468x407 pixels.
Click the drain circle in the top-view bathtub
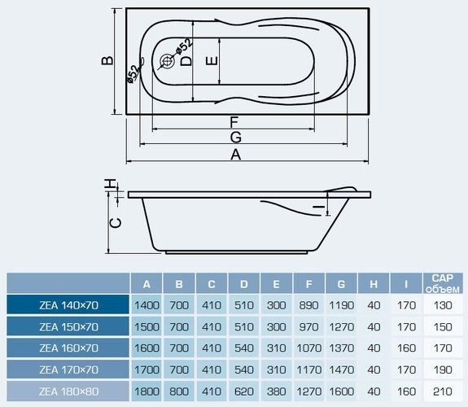click(x=167, y=61)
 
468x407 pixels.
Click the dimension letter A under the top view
click(x=235, y=155)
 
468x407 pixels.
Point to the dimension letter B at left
click(x=107, y=60)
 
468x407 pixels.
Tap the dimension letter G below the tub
click(x=236, y=138)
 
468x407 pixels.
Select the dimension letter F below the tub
click(x=234, y=122)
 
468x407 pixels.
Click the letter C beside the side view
click(x=116, y=223)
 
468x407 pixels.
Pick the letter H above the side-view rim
click(x=110, y=184)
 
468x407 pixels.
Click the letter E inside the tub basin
click(x=212, y=61)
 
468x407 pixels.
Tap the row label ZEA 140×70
click(x=68, y=305)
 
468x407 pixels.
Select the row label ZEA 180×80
click(x=68, y=392)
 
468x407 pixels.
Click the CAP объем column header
click(x=443, y=283)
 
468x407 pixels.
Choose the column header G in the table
click(x=341, y=284)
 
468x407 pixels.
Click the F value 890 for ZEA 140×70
click(x=308, y=305)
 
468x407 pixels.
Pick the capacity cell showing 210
click(x=443, y=392)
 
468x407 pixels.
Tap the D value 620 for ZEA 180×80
click(x=244, y=392)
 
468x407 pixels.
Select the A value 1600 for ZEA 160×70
click(x=147, y=348)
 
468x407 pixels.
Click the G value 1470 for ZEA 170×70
click(x=342, y=370)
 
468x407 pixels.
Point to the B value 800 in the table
click(x=179, y=392)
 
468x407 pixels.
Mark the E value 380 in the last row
click(x=277, y=392)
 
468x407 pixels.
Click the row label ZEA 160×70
click(x=68, y=348)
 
